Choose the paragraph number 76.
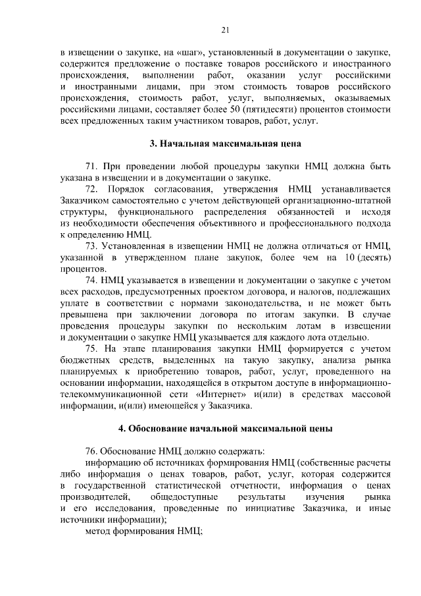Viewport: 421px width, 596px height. pos(92,450)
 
